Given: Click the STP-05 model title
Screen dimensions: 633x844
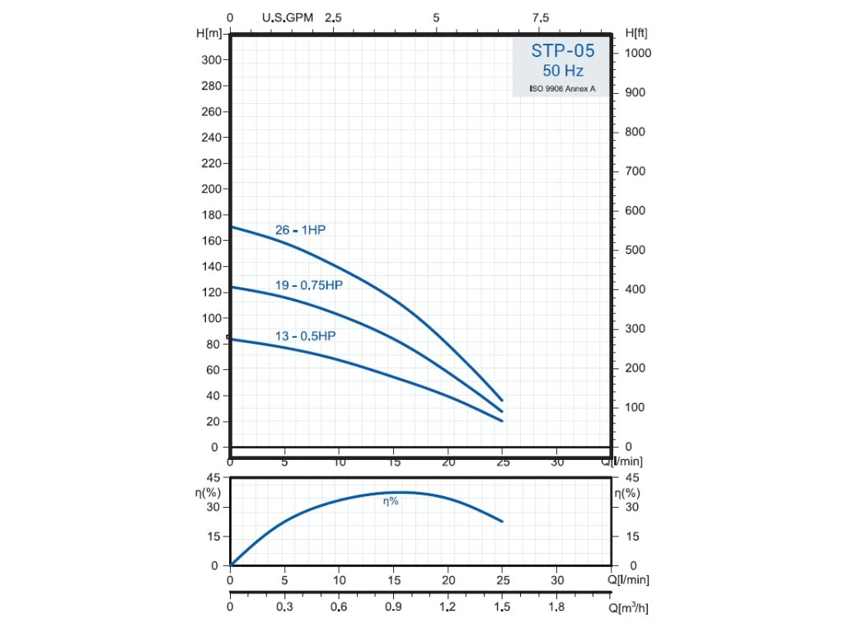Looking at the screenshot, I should pos(562,51).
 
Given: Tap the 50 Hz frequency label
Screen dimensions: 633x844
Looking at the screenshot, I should pos(562,71).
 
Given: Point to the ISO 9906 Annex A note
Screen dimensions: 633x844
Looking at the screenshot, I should pos(562,88).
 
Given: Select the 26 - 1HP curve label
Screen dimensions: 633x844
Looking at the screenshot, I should pos(300,230).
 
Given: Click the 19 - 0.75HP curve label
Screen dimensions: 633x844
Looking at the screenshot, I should pos(308,285).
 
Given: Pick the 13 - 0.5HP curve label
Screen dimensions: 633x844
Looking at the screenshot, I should pos(305,336).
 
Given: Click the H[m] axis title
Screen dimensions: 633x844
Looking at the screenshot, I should pos(210,33).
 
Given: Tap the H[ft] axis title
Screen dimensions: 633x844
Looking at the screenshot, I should pos(636,33).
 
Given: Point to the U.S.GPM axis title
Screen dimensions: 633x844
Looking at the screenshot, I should pos(288,17).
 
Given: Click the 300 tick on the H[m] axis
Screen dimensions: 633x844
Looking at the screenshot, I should pos(211,60).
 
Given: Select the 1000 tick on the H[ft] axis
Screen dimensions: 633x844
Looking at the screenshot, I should pos(638,53).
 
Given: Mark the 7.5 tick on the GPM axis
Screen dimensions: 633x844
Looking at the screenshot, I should pos(541,17).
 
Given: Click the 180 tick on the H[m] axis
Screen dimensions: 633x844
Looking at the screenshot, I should pos(211,215).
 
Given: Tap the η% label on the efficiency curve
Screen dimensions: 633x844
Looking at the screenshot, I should pos(391,501).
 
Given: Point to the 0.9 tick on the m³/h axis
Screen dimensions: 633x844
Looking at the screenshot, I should pos(393,607).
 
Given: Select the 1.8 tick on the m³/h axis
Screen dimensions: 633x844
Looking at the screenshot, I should pos(557,607).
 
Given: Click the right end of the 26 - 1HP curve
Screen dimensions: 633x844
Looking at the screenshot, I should pos(501,401).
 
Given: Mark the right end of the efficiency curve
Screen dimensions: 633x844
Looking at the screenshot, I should pos(501,521).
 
